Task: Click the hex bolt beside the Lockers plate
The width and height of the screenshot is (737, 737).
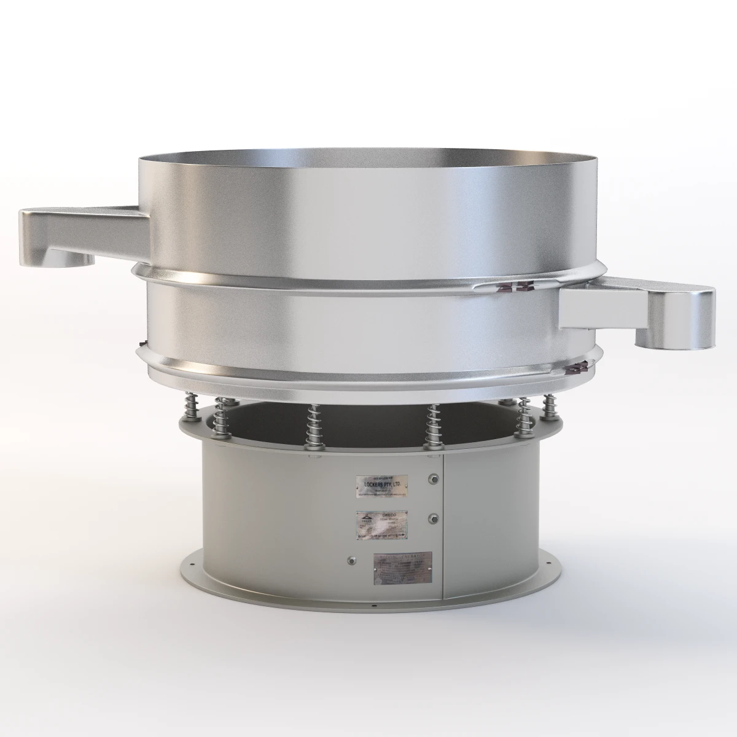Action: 435,478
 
